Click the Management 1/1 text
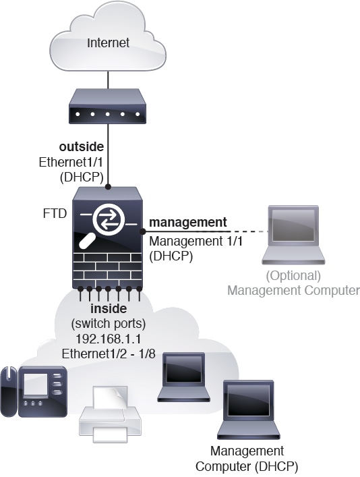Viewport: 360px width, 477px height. pos(187,241)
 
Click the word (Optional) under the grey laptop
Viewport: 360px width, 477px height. pos(293,275)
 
